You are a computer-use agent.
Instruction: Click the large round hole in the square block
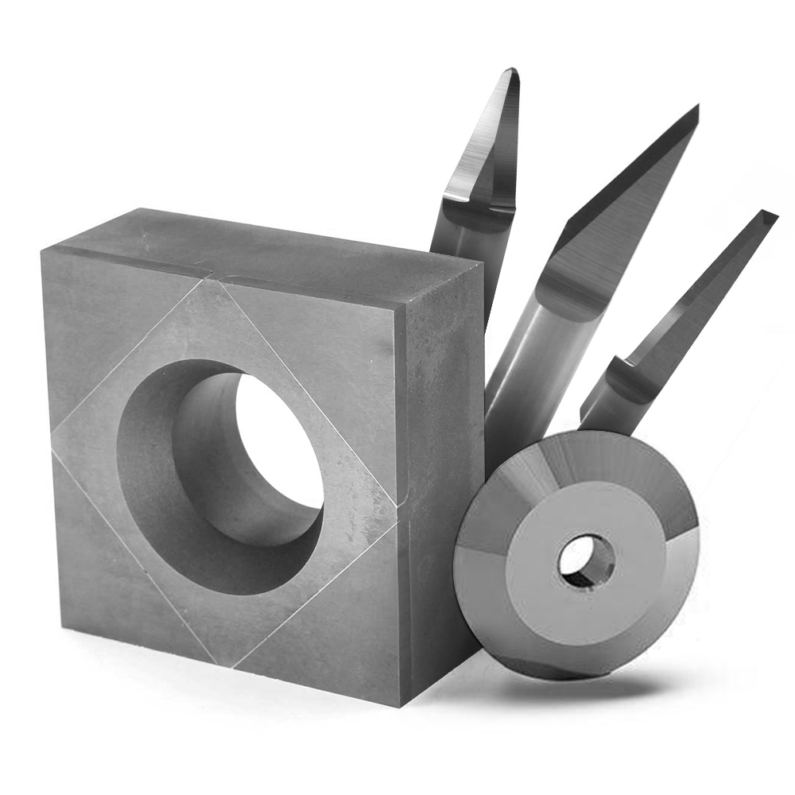click(274, 445)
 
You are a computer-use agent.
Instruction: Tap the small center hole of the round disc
click(586, 560)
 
